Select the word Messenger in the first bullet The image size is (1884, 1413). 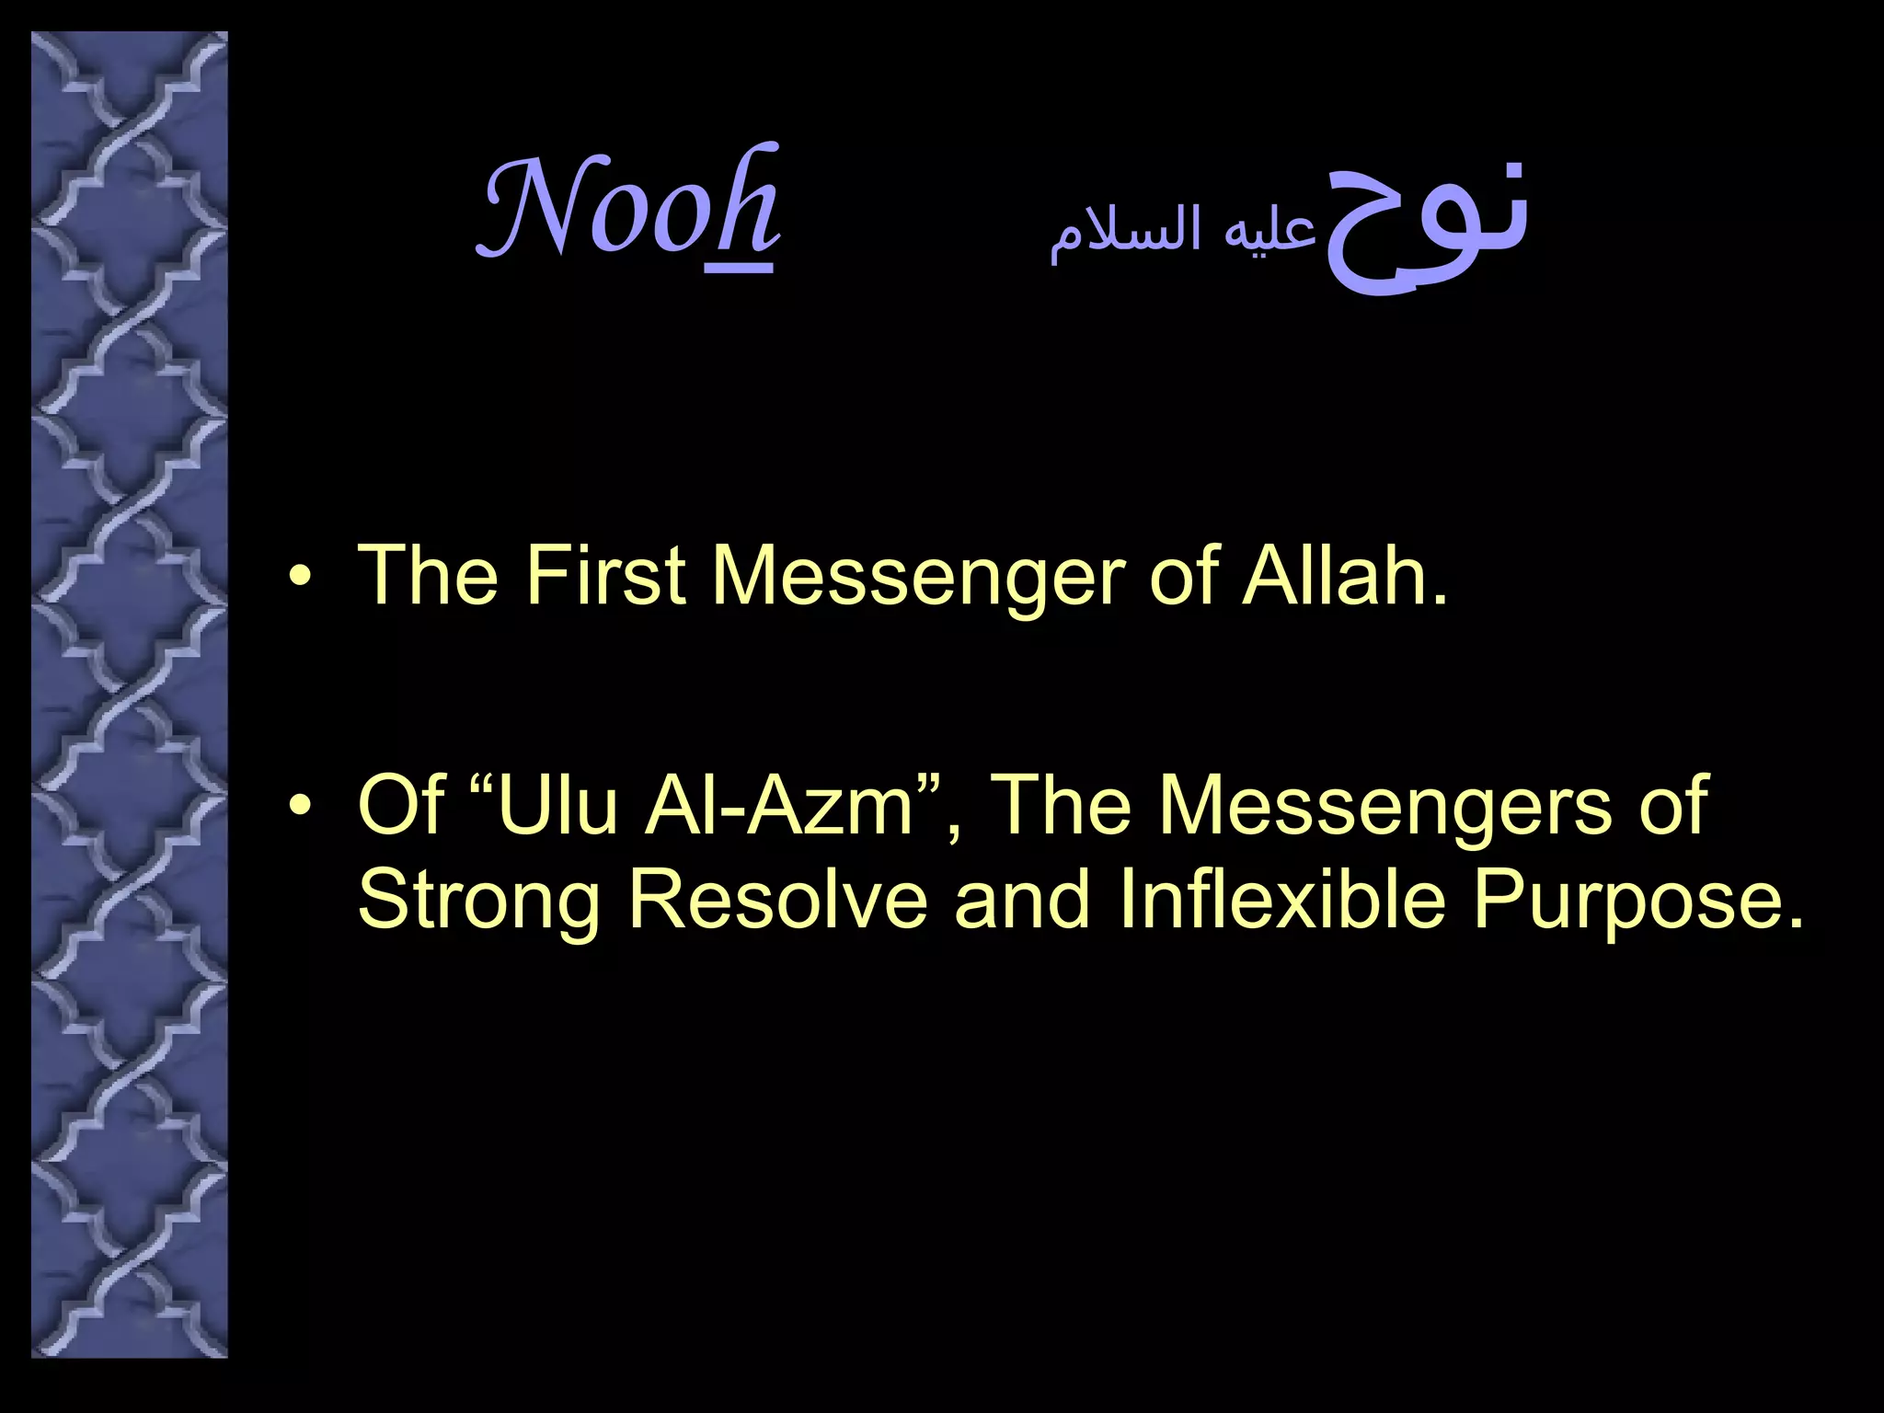point(918,578)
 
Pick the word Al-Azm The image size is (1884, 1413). point(778,806)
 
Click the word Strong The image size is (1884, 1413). point(478,902)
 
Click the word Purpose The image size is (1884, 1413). point(1637,902)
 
